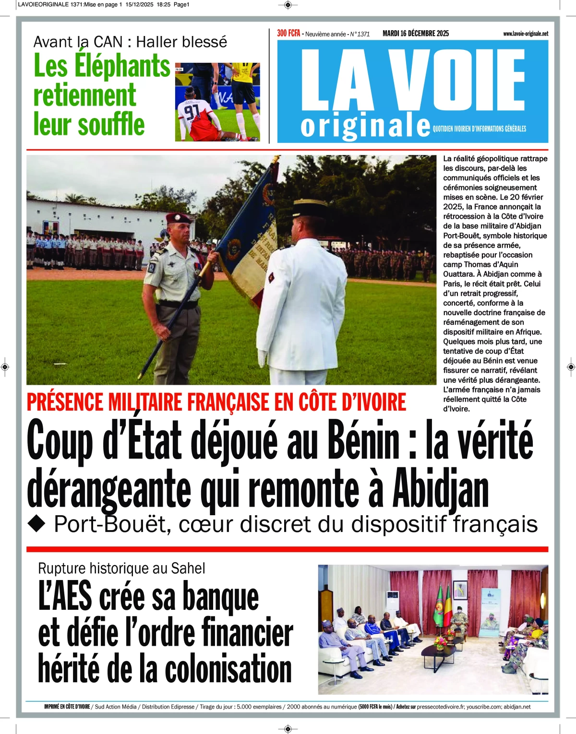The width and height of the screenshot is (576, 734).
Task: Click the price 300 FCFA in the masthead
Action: coord(288,33)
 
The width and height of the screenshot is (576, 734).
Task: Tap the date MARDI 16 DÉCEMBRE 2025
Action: coord(416,33)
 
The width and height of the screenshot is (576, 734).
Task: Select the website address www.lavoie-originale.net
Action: coord(525,34)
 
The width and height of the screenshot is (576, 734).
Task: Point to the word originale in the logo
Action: coord(365,126)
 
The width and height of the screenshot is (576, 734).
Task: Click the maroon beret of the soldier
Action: coord(179,218)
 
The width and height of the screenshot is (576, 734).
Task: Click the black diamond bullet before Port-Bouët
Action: coord(36,524)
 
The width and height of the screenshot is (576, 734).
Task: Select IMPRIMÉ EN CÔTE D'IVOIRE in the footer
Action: coord(67,707)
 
